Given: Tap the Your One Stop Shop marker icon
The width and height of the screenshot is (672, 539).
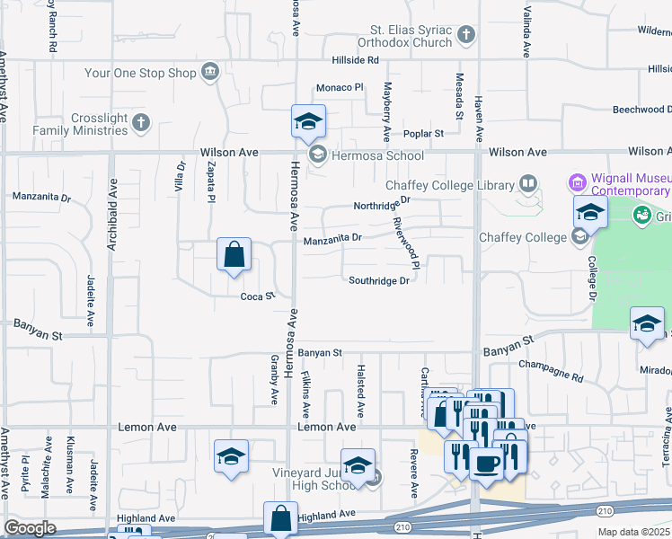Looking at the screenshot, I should [210, 71].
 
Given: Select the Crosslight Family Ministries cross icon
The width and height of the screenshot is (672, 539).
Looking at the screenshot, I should [139, 123].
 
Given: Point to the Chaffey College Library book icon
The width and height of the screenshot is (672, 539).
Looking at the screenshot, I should [528, 185].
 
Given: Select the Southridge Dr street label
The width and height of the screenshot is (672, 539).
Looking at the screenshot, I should [379, 280].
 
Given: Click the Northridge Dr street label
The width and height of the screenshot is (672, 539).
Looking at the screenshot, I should [381, 204].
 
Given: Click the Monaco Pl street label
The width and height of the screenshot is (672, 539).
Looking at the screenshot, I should [339, 88].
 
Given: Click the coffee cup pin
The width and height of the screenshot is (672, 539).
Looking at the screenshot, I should [486, 464].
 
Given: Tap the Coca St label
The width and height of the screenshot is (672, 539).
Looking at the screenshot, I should [256, 296].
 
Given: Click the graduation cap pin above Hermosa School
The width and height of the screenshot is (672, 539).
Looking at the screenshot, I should [308, 121].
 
